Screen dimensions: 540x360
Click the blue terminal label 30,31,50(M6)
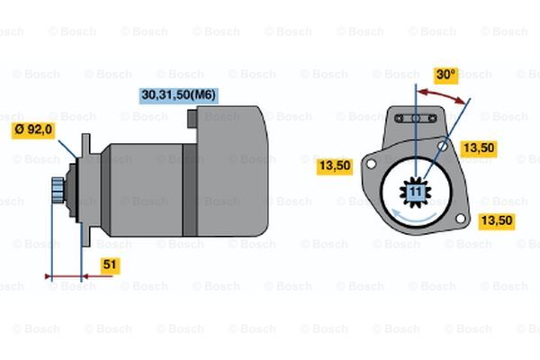point(178,95)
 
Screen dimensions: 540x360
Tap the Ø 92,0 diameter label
point(33,130)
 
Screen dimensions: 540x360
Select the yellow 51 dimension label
point(110,265)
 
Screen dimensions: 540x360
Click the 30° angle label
point(445,75)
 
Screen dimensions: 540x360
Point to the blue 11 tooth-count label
point(416,192)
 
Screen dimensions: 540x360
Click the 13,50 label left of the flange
point(335,166)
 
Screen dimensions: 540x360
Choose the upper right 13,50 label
point(479,148)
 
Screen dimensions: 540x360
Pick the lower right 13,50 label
point(497,220)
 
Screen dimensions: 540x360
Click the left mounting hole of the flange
point(371,164)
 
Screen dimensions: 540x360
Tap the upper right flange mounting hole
point(443,146)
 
